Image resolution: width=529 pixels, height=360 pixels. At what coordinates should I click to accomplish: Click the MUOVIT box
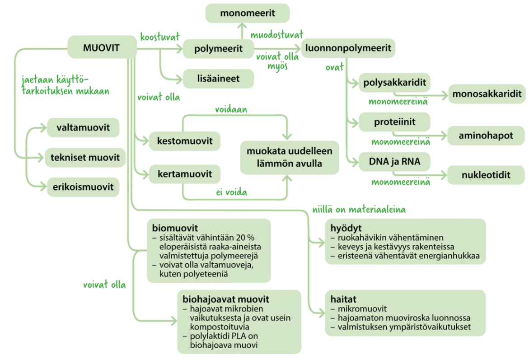tap(102, 47)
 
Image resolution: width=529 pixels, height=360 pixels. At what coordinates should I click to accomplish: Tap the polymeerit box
tap(219, 48)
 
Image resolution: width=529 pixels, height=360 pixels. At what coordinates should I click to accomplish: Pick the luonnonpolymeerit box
tap(348, 48)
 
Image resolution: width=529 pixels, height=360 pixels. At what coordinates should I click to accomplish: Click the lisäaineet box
tap(218, 79)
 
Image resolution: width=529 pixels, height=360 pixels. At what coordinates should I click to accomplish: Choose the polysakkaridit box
tap(394, 83)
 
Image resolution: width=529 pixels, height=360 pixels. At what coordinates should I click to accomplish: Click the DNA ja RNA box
tap(394, 161)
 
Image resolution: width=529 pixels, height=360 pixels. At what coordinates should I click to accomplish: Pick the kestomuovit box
tap(185, 141)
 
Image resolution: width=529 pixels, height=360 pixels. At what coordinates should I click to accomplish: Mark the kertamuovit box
tap(185, 174)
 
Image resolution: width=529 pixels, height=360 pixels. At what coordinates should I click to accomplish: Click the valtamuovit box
tap(83, 127)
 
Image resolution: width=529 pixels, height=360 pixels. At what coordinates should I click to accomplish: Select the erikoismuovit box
tap(83, 187)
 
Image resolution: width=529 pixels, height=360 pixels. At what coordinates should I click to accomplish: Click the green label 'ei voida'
tap(231, 192)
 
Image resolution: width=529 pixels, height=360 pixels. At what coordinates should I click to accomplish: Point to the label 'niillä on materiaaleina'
tap(359, 210)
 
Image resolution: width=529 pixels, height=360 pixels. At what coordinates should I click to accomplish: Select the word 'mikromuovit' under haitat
tap(359, 309)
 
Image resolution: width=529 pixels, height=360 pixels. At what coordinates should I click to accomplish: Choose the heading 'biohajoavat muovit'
tap(225, 299)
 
